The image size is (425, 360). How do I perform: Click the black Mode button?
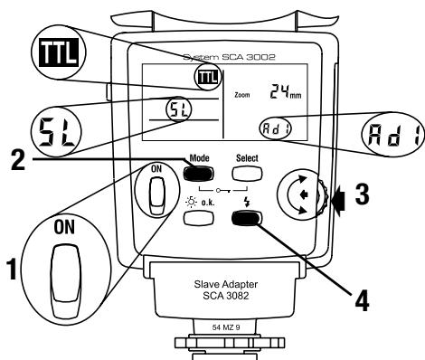point(198,174)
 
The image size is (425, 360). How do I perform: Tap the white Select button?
point(247,174)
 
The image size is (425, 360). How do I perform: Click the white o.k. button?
point(198,217)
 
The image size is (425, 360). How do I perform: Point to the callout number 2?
point(18,160)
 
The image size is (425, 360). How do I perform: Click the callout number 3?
point(362,194)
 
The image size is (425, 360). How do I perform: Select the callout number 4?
point(362,301)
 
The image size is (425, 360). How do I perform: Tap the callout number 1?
point(13,269)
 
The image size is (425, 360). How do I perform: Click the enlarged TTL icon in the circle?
point(59,52)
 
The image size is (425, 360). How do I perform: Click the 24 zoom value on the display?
point(279,91)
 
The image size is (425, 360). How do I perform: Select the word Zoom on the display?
point(242,95)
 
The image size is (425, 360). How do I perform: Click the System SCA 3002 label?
point(229,57)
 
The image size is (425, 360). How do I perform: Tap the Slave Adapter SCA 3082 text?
point(226,289)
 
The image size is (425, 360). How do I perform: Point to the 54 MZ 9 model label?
point(226,327)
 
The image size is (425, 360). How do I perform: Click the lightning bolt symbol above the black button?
point(247,202)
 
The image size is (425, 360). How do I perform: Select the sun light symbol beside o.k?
point(192,202)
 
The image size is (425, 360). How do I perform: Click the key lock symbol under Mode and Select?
point(223,190)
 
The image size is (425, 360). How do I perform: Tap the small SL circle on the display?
point(179,109)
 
